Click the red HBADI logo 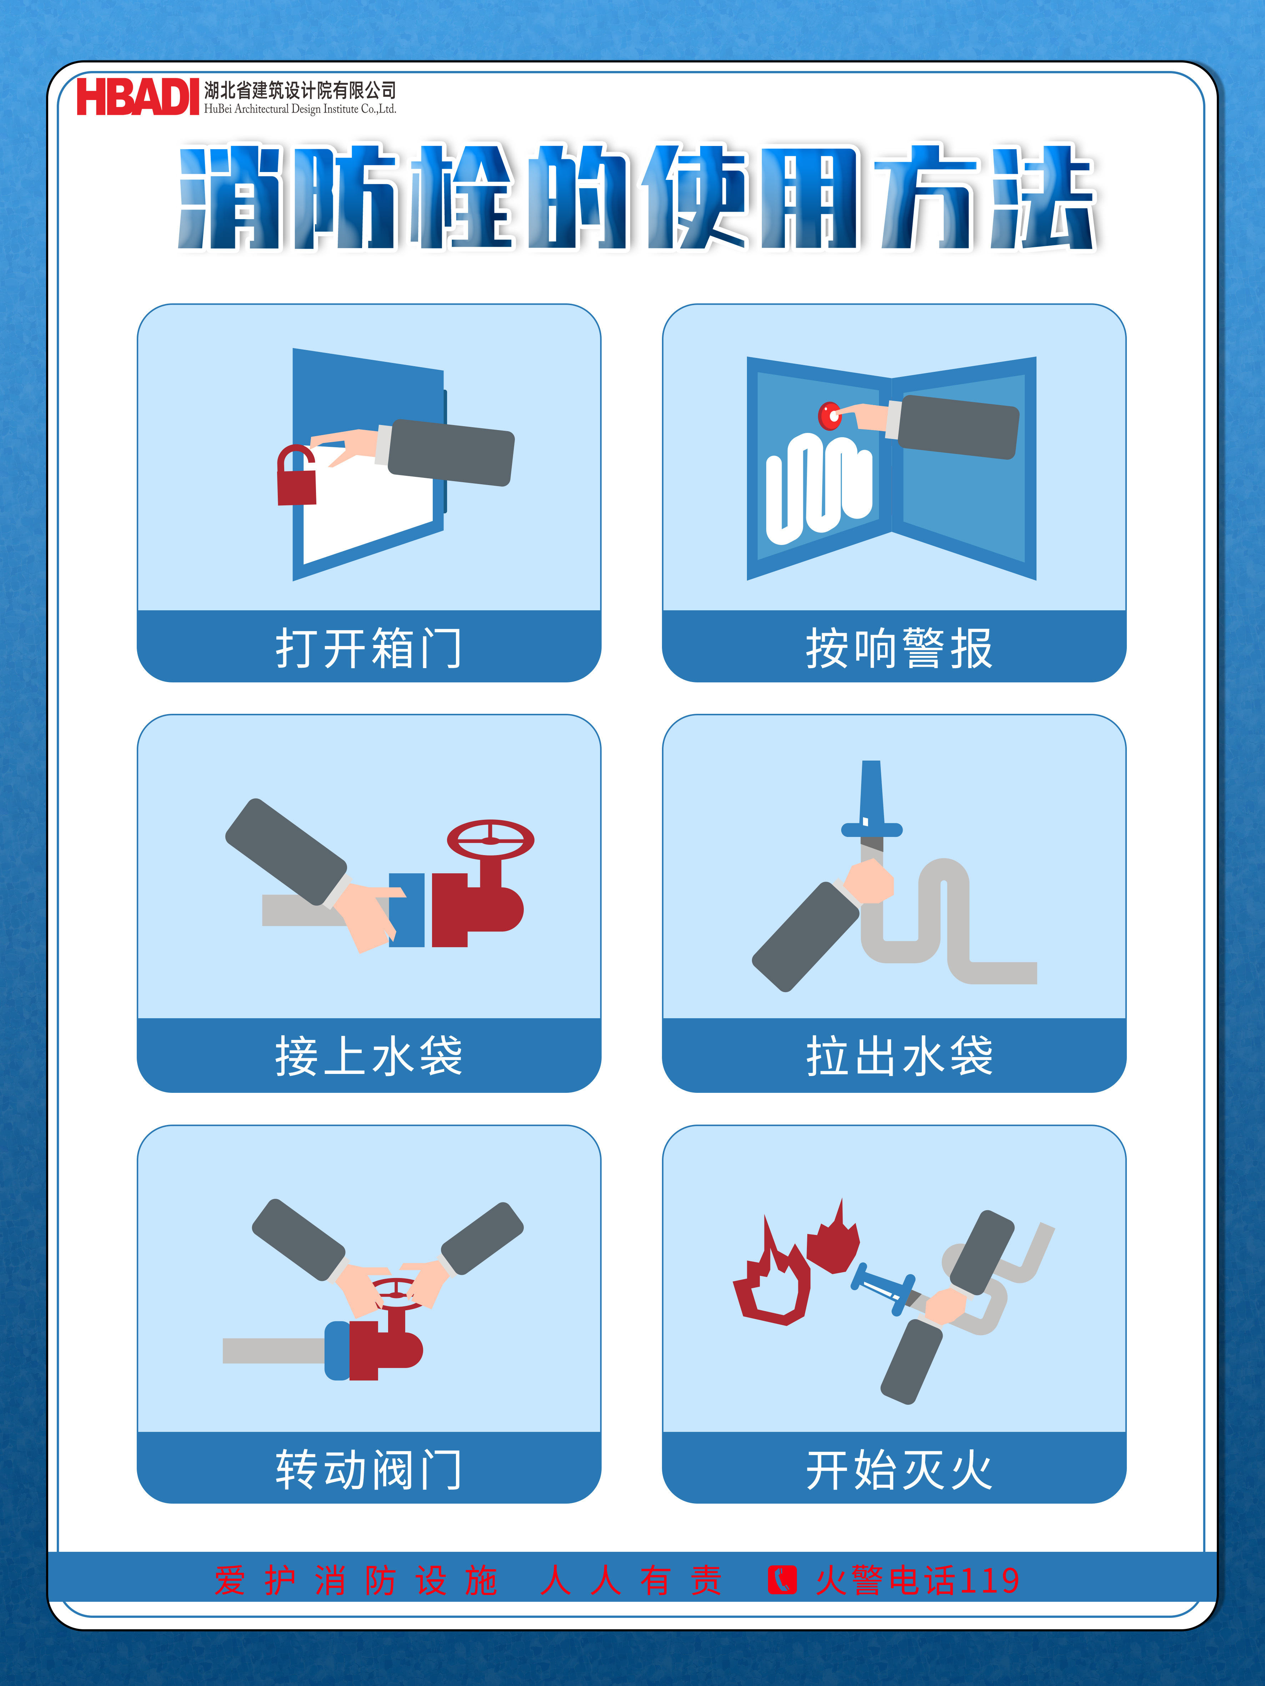137,97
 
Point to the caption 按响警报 899,648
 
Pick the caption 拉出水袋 899,1056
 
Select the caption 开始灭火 899,1469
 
